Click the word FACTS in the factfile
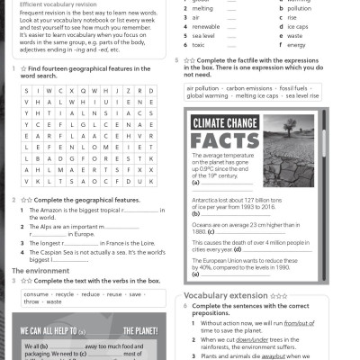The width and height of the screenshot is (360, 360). click(x=225, y=140)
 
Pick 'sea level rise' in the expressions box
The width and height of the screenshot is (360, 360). click(x=297, y=96)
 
